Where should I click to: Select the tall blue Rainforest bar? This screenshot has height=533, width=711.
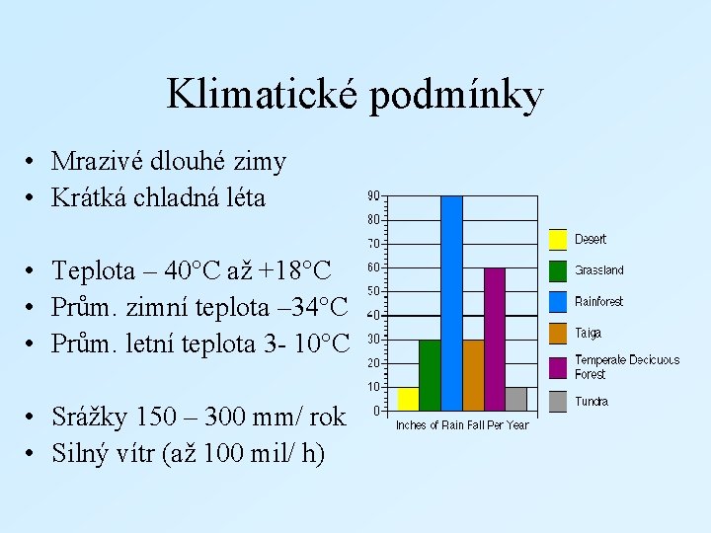point(451,302)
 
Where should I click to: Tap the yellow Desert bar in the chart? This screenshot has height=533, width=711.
point(408,399)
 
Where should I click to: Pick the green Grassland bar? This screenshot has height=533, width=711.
point(430,375)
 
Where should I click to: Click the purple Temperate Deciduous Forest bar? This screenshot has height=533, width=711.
point(495,339)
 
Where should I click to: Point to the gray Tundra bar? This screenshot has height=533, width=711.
point(515,399)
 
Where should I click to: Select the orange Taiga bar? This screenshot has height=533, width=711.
point(473,375)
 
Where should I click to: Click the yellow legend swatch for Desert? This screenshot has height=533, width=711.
point(558,239)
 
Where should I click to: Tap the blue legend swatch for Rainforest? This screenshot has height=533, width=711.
point(558,302)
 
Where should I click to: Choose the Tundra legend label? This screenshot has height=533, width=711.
point(592,402)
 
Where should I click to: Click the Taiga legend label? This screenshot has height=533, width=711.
point(588,334)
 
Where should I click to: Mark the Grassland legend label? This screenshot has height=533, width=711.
point(599,270)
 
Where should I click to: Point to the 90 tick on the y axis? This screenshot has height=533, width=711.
point(373,194)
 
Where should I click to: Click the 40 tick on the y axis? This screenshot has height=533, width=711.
point(373,315)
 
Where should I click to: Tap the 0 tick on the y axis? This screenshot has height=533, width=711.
point(376,411)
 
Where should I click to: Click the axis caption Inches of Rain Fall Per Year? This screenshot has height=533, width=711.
point(461,425)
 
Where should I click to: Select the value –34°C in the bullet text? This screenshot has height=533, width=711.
point(310,307)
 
